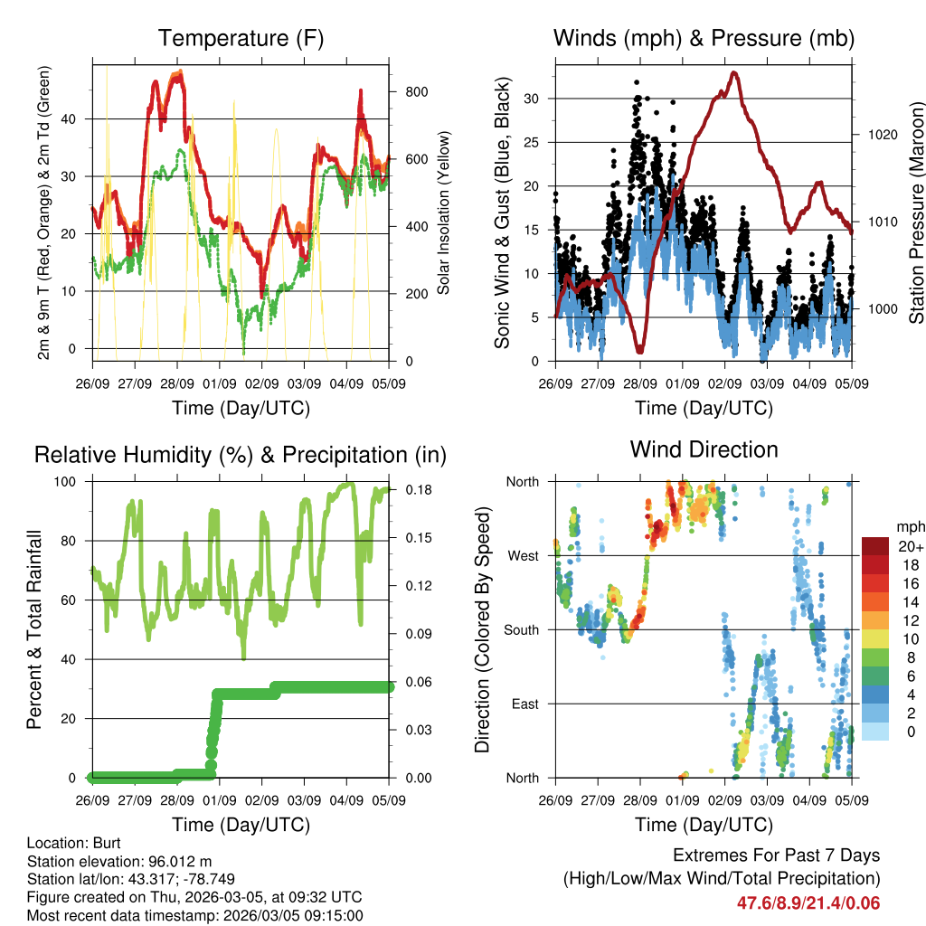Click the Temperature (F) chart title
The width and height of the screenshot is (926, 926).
coord(241,38)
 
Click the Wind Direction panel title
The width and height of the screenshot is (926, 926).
coord(704,449)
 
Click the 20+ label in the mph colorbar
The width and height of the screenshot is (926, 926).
coord(911,547)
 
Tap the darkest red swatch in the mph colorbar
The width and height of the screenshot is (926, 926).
coord(874,546)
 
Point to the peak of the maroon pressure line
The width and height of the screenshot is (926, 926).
coord(734,72)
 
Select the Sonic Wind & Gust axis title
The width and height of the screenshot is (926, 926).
coord(503,213)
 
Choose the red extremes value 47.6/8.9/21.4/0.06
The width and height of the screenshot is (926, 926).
coord(808,902)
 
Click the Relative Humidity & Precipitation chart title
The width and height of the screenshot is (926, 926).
coord(241,455)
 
